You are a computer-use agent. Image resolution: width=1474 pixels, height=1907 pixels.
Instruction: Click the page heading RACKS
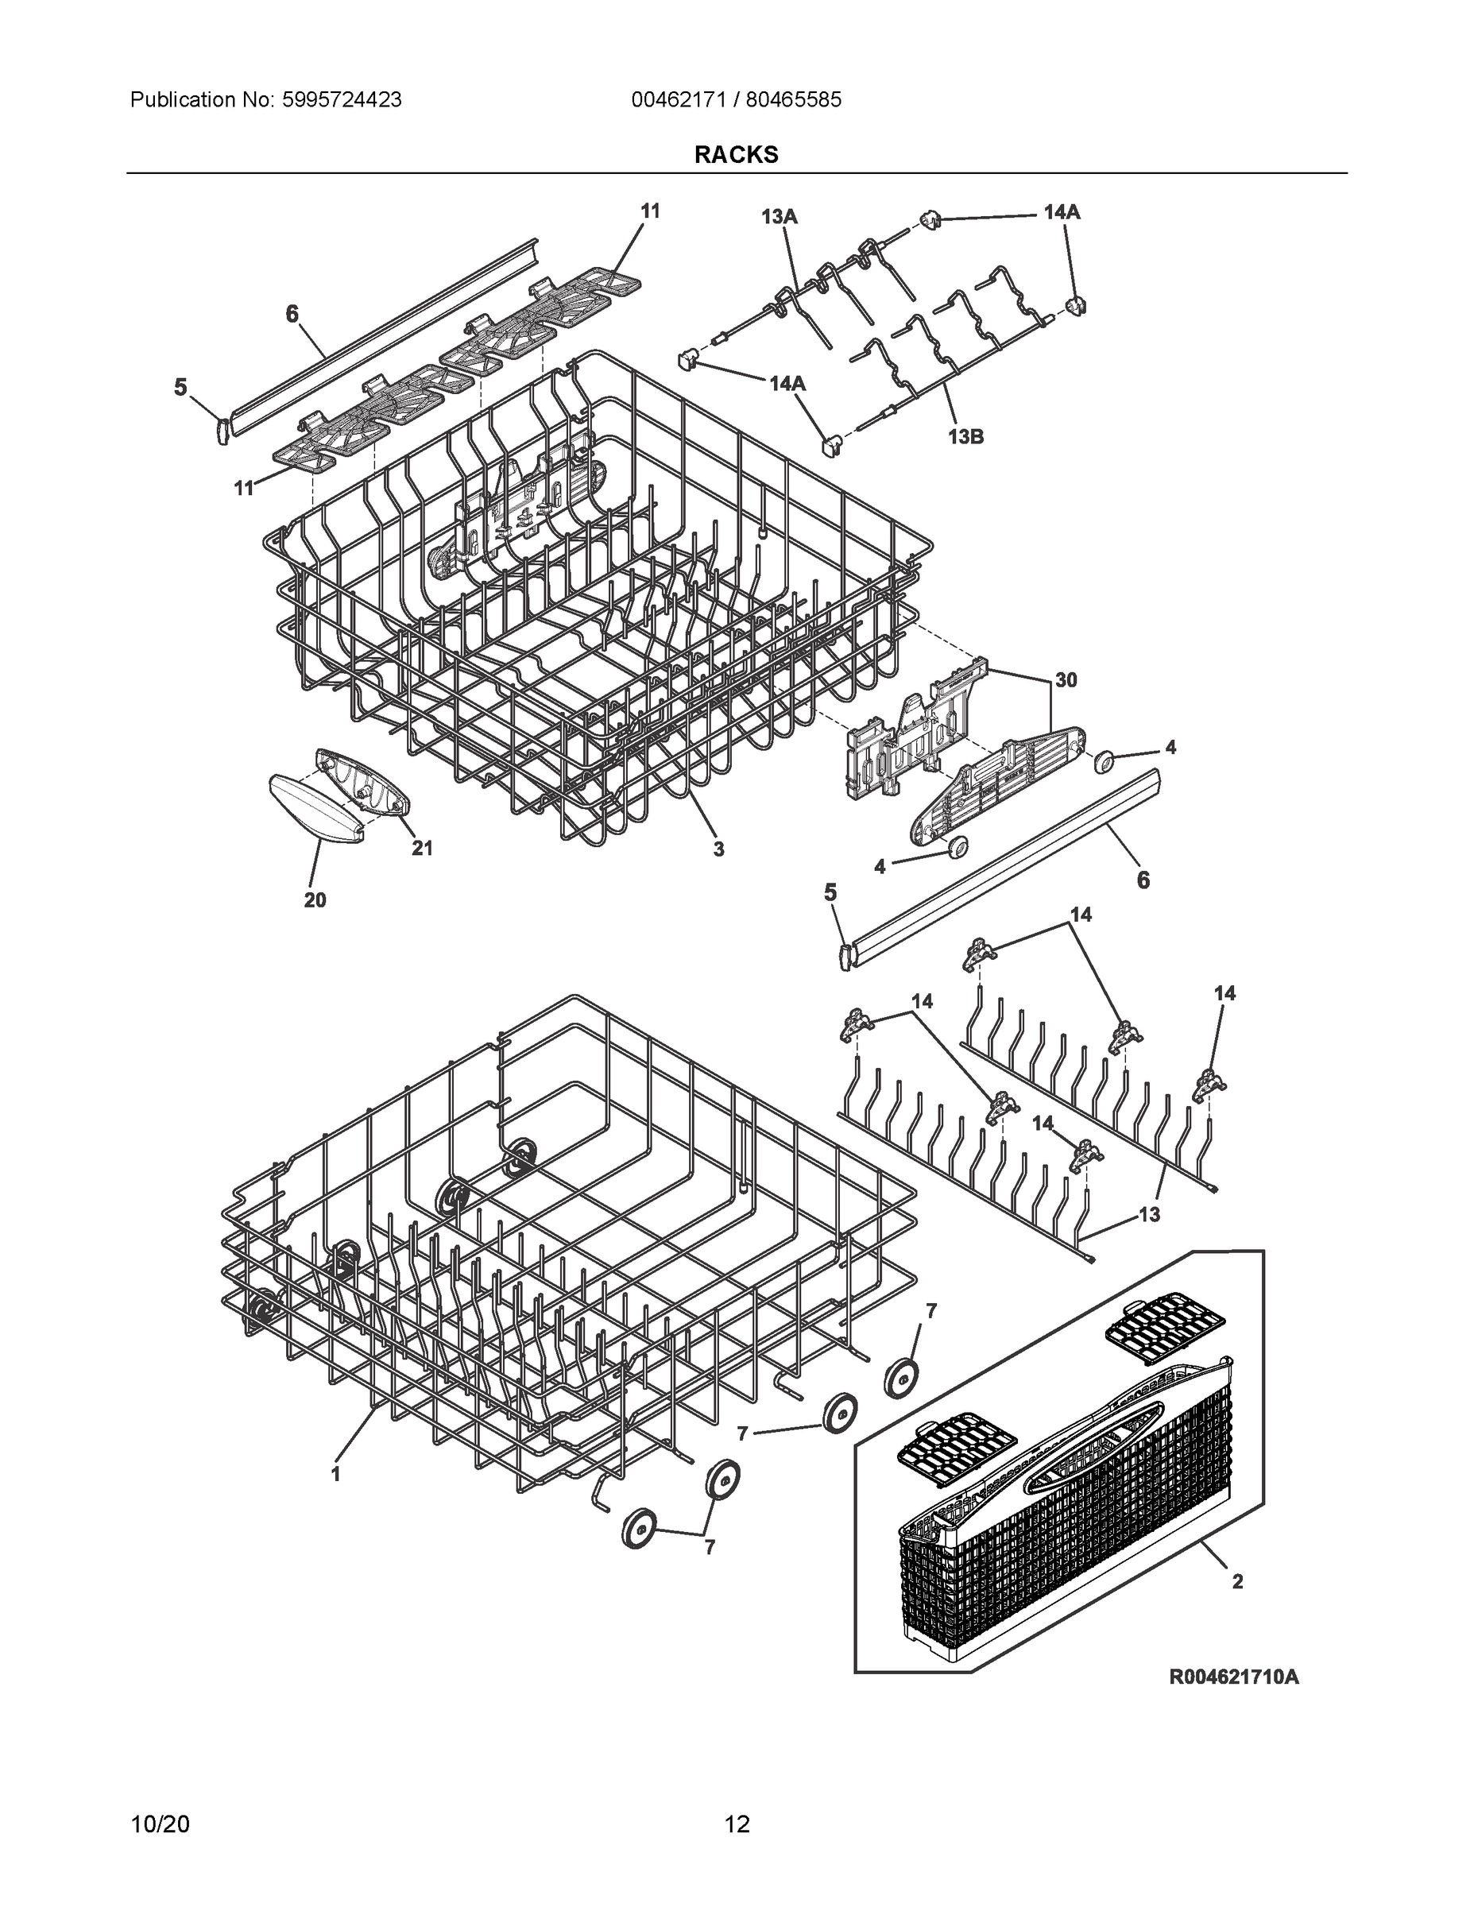click(736, 155)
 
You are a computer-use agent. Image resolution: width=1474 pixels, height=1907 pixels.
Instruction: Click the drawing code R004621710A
click(1234, 1677)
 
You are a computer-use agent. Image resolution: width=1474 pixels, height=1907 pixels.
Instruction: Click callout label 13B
click(965, 436)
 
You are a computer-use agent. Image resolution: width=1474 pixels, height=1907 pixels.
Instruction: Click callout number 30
click(1066, 679)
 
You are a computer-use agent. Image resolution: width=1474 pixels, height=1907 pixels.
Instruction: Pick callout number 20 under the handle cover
click(315, 899)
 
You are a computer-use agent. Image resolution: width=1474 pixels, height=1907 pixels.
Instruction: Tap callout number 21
click(422, 848)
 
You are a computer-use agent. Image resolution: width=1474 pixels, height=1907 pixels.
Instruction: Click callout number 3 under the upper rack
click(718, 848)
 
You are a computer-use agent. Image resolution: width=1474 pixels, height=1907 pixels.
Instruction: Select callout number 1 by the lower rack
click(335, 1474)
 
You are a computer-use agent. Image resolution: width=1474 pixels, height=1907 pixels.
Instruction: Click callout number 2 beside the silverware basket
click(1236, 1580)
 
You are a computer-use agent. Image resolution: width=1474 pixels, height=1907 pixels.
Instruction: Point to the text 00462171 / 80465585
click(736, 99)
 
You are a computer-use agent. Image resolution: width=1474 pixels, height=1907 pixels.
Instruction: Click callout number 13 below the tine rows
click(1149, 1213)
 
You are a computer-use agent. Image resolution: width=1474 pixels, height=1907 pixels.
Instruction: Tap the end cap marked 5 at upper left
click(222, 429)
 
